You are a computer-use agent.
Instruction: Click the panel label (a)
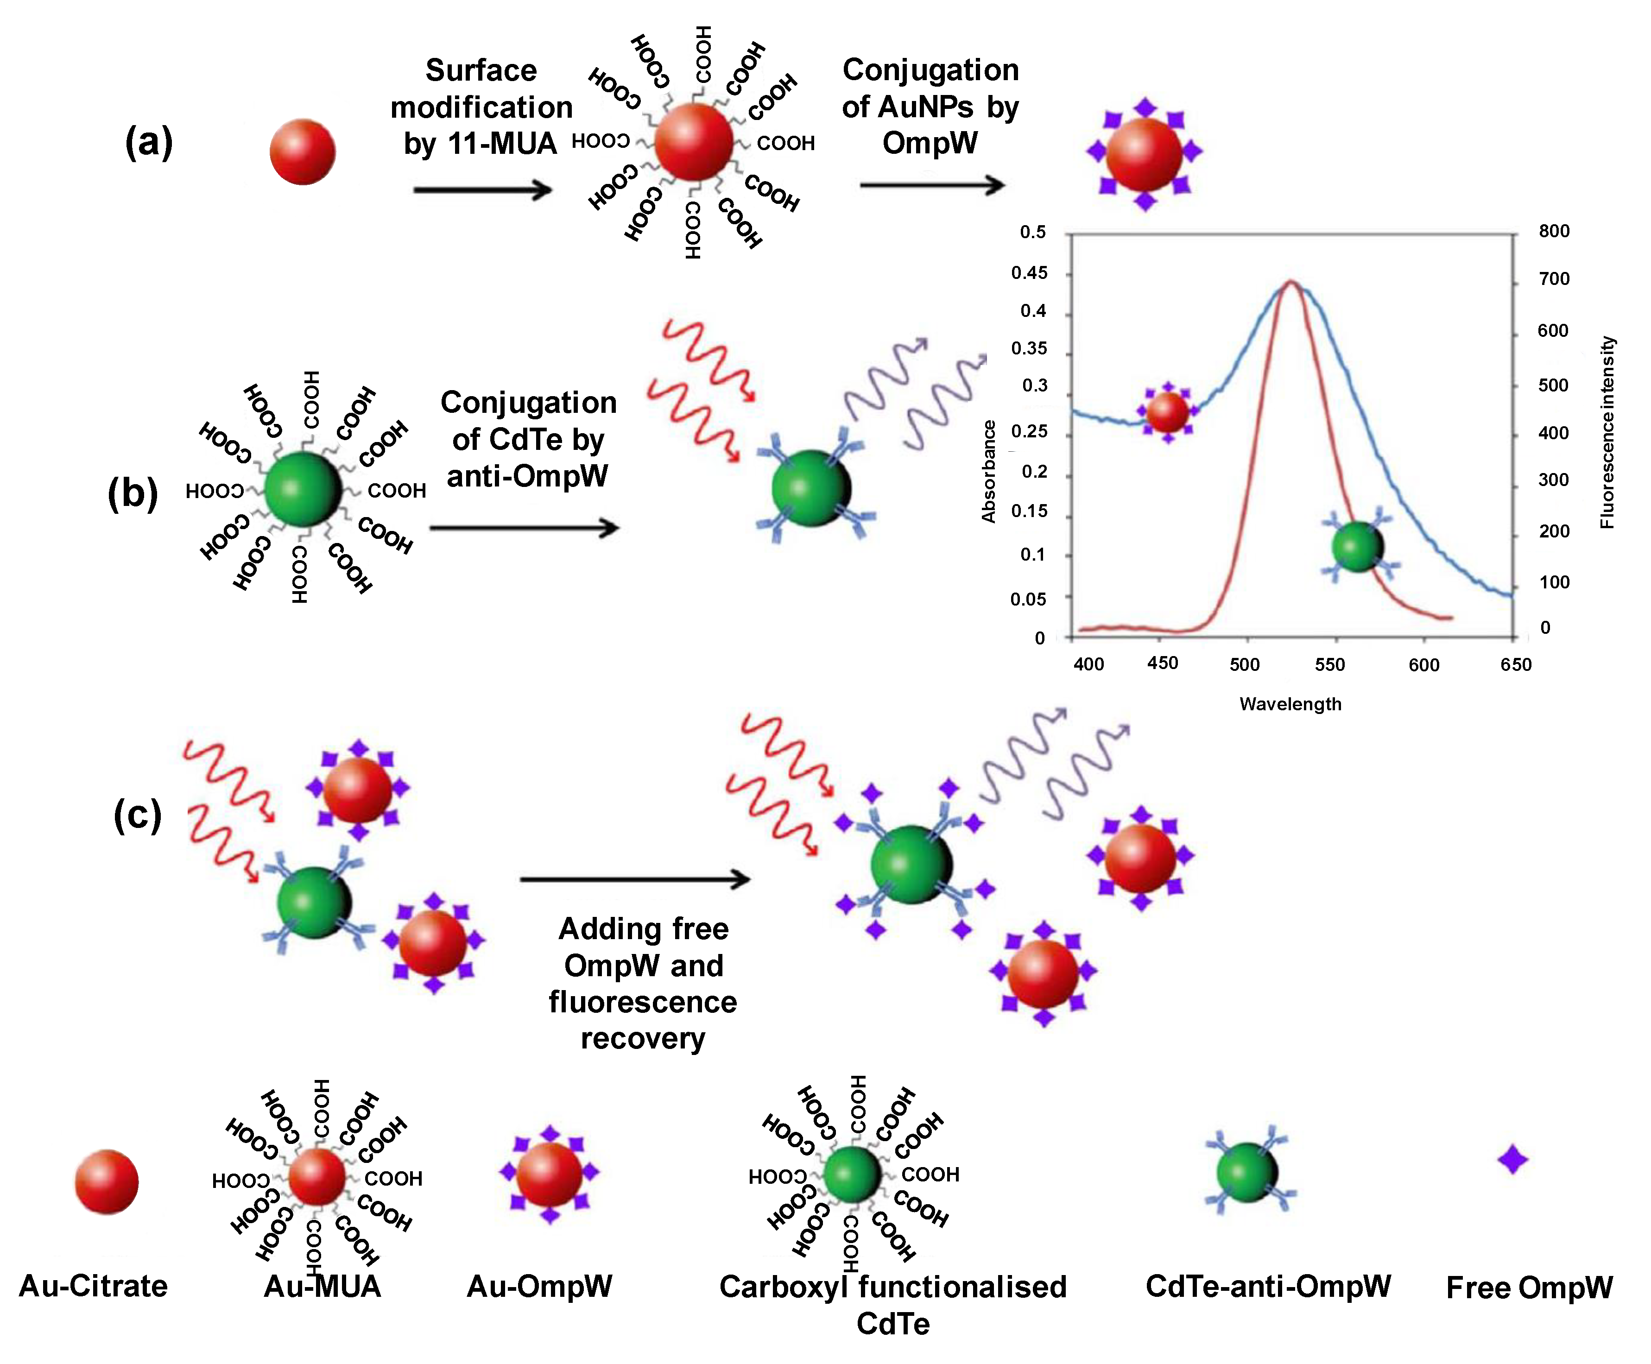coord(149,144)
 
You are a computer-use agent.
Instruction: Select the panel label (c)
coord(138,815)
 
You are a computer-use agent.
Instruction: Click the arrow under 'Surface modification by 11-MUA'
coord(482,189)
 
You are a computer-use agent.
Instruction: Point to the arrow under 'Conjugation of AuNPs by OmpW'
coord(932,185)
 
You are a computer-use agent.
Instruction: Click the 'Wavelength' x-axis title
coord(1290,704)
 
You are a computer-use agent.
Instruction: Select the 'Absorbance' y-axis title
coord(988,472)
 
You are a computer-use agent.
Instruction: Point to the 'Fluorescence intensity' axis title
coord(1607,432)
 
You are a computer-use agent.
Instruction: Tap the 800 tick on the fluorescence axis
coord(1554,231)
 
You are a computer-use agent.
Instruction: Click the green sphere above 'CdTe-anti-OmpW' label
coord(1247,1172)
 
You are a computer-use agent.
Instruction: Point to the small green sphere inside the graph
coord(1357,546)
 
